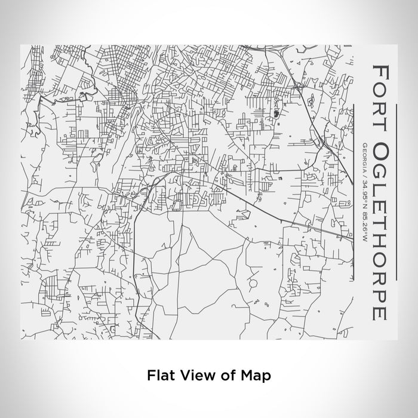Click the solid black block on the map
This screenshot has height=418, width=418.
(276, 113)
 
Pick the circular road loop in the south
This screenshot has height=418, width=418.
(254, 281)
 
